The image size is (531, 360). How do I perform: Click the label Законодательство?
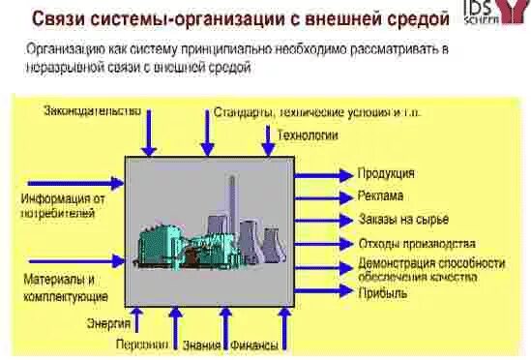point(92,110)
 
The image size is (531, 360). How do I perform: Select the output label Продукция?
point(386,173)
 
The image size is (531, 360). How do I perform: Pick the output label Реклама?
point(381,196)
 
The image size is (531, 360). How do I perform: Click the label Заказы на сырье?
point(403,220)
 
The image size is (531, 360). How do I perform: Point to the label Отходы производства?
point(416,243)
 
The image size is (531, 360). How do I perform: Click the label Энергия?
point(107,323)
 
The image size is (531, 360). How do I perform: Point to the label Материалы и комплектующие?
point(64,287)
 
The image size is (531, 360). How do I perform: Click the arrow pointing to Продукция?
point(323,174)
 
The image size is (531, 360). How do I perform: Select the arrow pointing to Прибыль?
point(323,293)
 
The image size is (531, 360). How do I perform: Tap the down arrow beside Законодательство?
point(148,135)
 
